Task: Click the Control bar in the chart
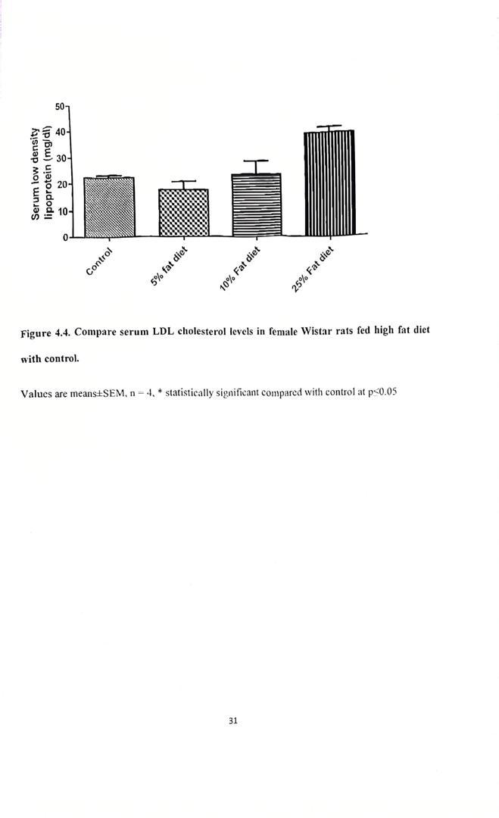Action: [109, 207]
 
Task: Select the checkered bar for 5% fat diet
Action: [183, 213]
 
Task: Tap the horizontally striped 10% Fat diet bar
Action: [256, 204]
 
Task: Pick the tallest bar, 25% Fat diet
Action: [329, 183]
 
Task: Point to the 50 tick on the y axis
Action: [61, 107]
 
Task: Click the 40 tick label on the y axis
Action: [61, 132]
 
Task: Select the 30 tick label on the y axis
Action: [61, 158]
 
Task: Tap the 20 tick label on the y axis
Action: [61, 184]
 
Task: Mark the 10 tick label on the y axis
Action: [61, 211]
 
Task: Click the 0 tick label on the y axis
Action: [64, 238]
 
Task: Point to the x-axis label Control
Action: [99, 261]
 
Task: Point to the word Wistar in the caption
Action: [321, 332]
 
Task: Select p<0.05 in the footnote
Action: [382, 392]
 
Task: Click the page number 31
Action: [232, 721]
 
